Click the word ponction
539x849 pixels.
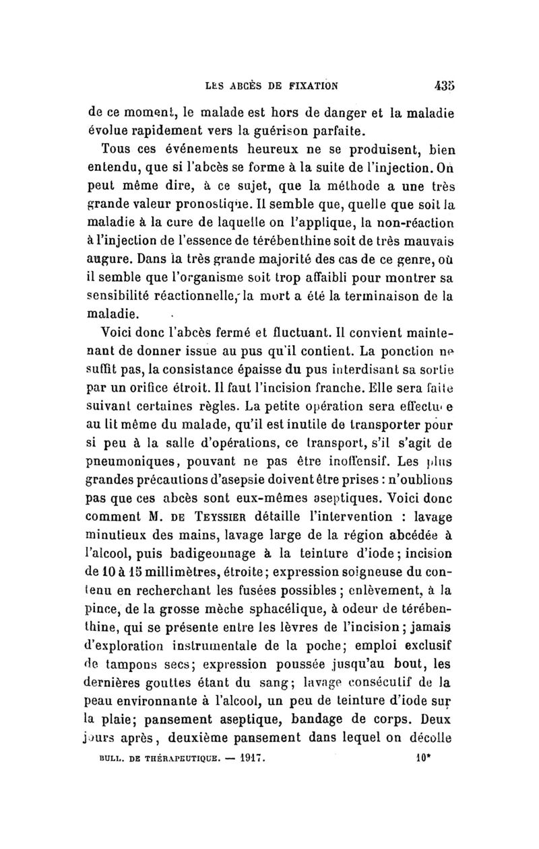[401, 349]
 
